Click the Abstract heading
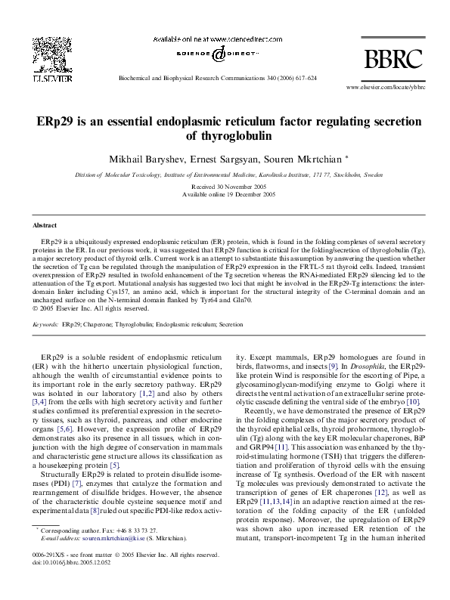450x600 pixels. tap(45, 225)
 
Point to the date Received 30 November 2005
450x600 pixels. tap(225, 187)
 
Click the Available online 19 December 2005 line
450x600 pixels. tap(225, 194)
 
